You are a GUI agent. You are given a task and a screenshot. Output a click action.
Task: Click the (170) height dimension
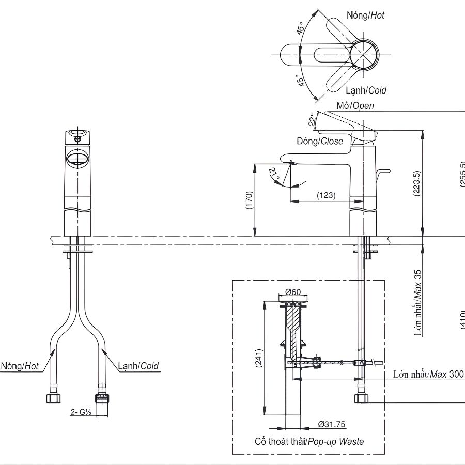click(249, 200)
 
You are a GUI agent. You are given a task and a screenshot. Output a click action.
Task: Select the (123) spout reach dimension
click(326, 195)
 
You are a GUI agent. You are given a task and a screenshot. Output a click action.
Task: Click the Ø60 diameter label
click(293, 292)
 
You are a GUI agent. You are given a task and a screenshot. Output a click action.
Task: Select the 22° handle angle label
click(311, 119)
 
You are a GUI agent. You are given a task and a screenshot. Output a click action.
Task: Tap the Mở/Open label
click(355, 106)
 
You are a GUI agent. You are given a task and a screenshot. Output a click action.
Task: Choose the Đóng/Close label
click(320, 141)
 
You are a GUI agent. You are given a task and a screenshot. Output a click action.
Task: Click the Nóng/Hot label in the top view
click(365, 16)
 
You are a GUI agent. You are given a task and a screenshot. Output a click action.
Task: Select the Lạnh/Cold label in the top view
click(366, 90)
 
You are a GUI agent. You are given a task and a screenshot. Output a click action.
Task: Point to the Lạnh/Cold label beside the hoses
click(138, 366)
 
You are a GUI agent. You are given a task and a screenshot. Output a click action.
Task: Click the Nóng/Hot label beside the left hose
click(20, 366)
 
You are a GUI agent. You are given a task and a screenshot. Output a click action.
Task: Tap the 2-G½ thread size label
click(81, 412)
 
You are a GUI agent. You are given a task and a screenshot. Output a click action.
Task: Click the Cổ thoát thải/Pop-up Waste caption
click(309, 441)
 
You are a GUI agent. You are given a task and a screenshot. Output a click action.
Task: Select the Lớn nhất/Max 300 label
click(428, 374)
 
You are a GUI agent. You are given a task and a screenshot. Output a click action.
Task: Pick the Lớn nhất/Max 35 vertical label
click(418, 302)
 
